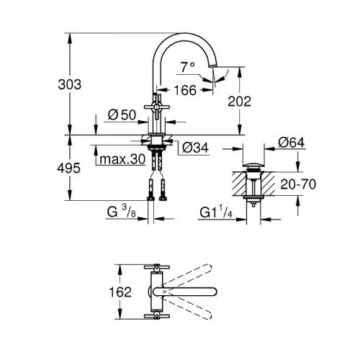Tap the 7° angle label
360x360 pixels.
click(x=188, y=66)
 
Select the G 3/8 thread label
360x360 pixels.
click(x=120, y=212)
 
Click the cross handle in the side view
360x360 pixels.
click(x=159, y=106)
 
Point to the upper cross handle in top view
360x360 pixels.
click(x=158, y=268)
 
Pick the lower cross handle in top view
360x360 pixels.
click(x=158, y=315)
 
